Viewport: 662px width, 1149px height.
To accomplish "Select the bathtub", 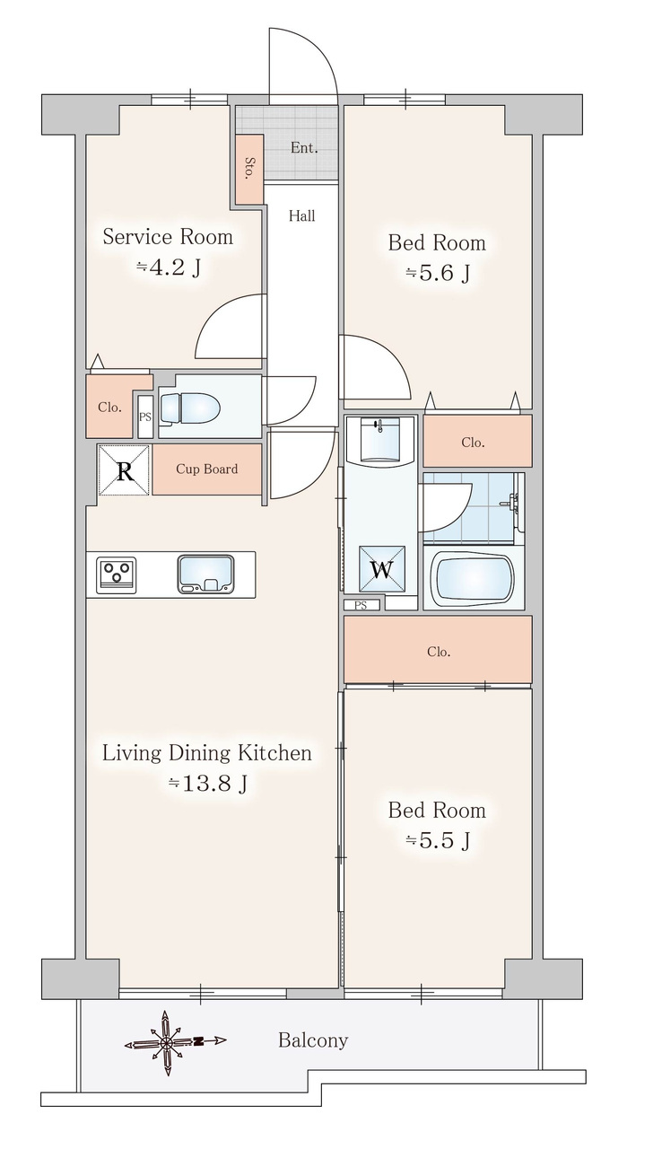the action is coord(472,577).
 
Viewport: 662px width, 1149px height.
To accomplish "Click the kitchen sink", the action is coord(205,574).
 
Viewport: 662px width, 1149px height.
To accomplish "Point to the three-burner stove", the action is coord(118,574).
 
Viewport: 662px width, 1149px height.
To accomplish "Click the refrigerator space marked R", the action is coord(124,470).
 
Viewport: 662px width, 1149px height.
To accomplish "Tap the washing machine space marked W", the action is coord(382,569).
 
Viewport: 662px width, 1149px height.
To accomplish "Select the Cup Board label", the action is coord(207,469).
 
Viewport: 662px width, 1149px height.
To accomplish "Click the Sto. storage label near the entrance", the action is coord(249,168).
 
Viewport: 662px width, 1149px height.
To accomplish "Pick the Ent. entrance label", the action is coord(304,148).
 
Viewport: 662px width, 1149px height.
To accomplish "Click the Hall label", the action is coord(301,216).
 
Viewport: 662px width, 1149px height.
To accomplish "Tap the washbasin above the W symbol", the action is coord(380,439).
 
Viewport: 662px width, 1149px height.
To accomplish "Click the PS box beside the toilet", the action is coord(145,417).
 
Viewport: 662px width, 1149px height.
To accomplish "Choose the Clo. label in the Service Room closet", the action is coord(109,408).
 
